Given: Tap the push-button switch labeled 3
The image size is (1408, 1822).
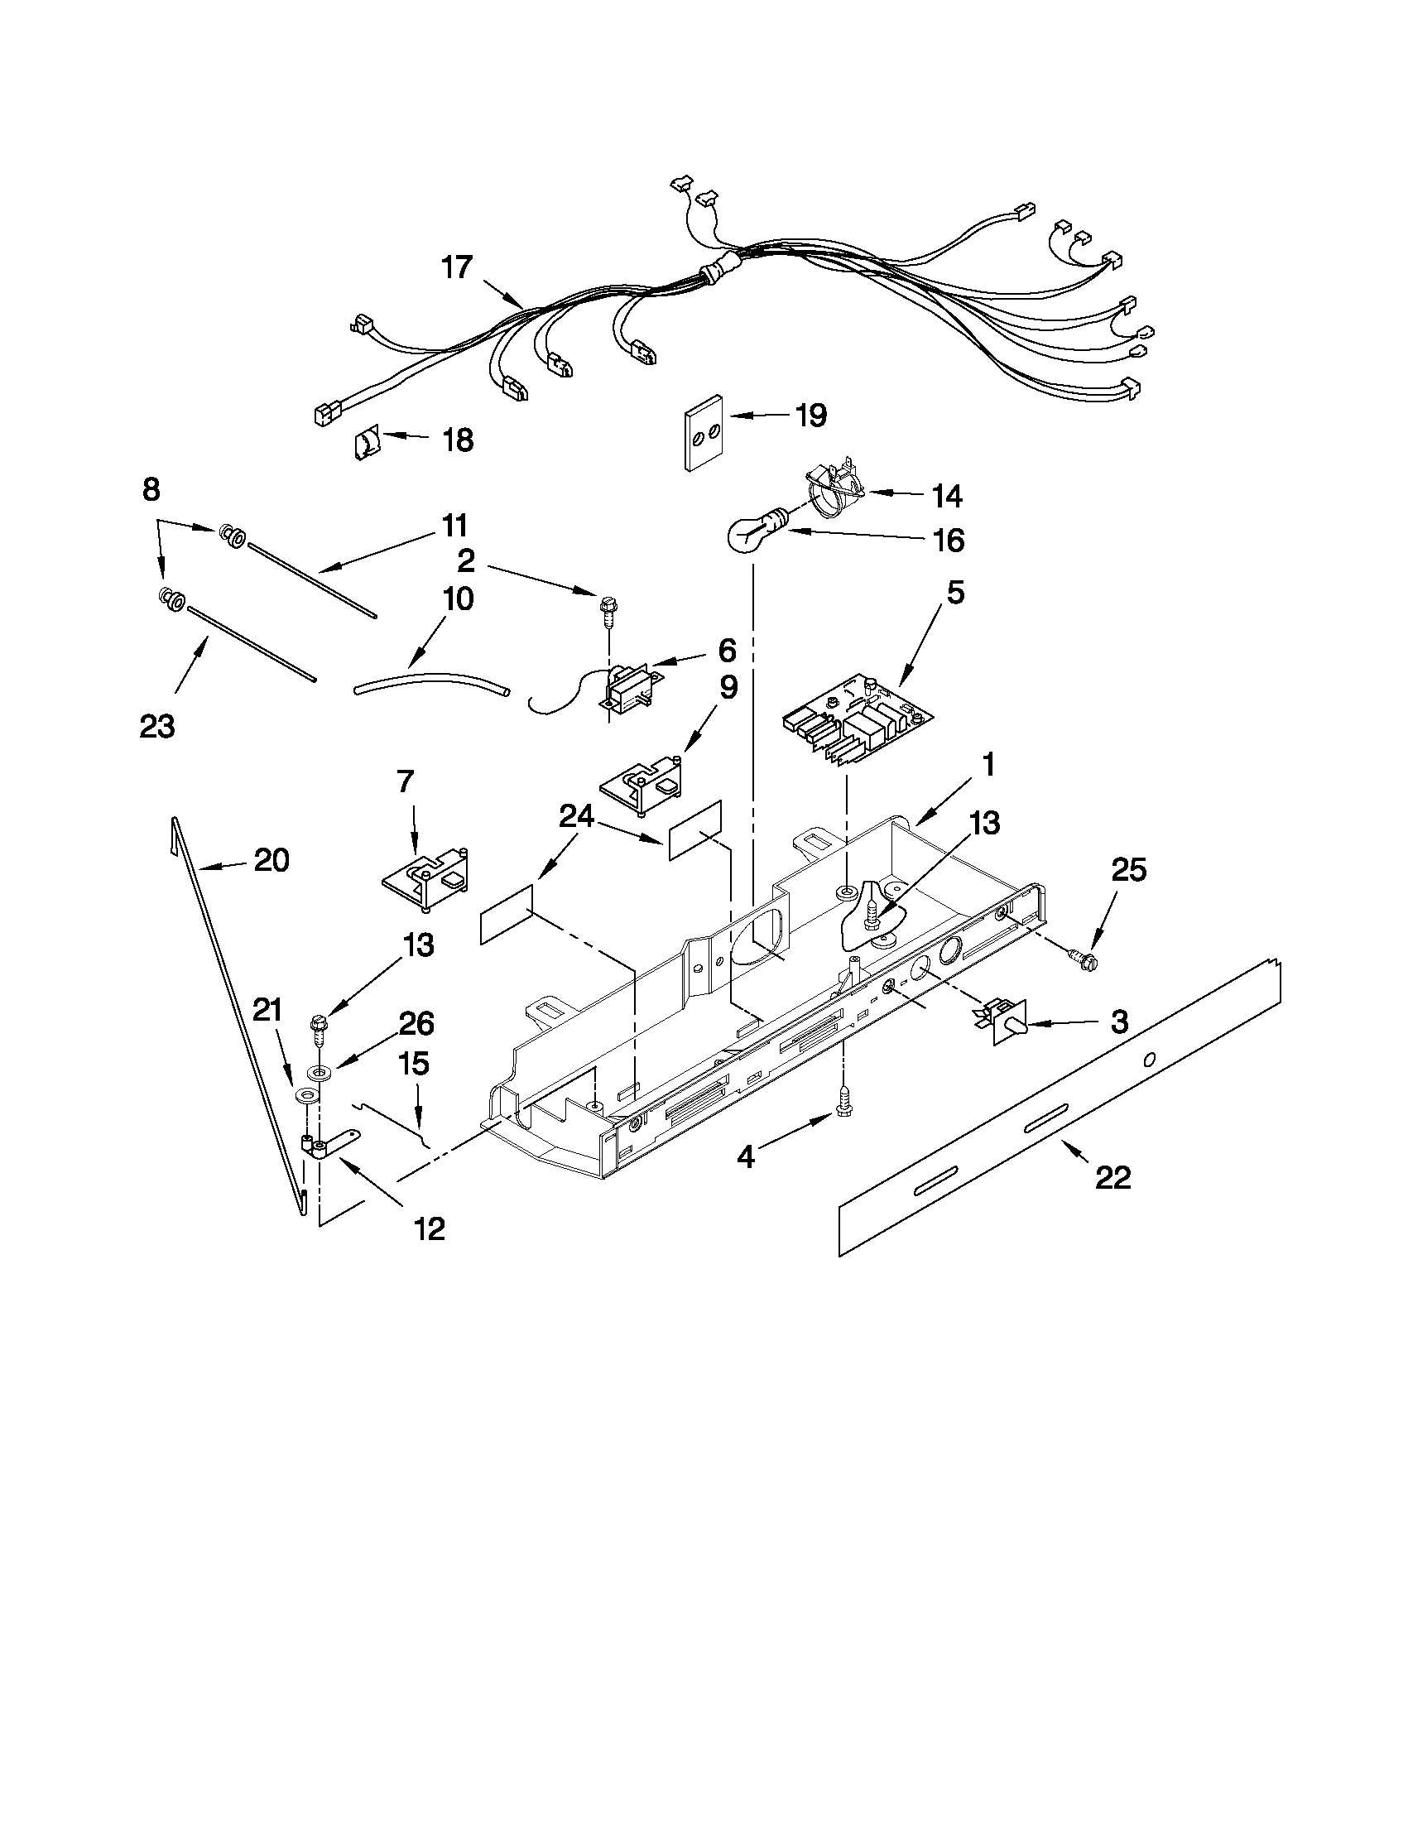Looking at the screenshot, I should pos(1002,1023).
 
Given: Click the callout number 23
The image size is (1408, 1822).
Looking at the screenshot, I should pos(156,727).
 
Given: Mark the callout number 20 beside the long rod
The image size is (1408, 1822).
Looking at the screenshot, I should pos(272,859).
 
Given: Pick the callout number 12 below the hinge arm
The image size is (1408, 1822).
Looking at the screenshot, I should pos(430,1228).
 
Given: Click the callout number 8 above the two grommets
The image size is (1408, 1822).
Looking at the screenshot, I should pos(151,489).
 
